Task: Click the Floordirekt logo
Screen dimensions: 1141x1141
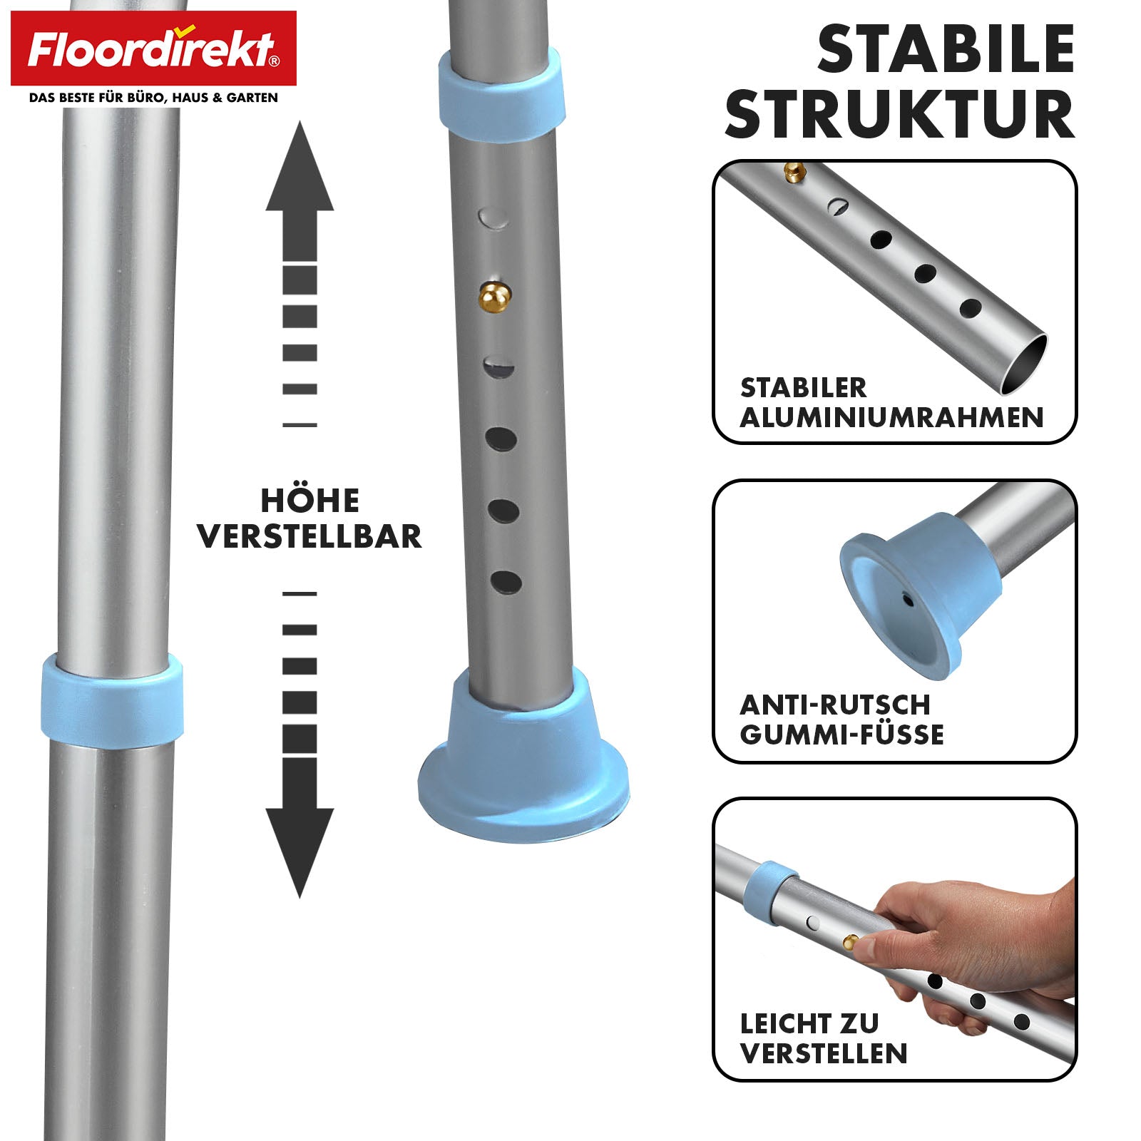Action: [153, 48]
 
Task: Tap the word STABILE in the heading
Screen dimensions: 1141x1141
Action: [946, 49]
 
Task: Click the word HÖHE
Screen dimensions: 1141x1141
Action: [310, 500]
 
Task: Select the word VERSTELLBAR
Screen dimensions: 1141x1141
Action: [309, 536]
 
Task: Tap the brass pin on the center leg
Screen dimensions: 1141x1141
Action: [494, 297]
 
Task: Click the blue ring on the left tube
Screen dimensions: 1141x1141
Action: [111, 700]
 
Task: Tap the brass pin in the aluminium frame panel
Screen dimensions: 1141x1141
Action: [794, 171]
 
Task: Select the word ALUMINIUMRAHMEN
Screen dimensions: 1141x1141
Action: [892, 417]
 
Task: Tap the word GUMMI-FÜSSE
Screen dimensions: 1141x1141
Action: [842, 735]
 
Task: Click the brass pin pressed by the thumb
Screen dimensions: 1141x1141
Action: [851, 942]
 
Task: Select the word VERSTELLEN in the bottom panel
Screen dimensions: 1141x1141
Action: [824, 1053]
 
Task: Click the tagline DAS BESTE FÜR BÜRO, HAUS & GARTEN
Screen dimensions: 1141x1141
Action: [153, 98]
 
